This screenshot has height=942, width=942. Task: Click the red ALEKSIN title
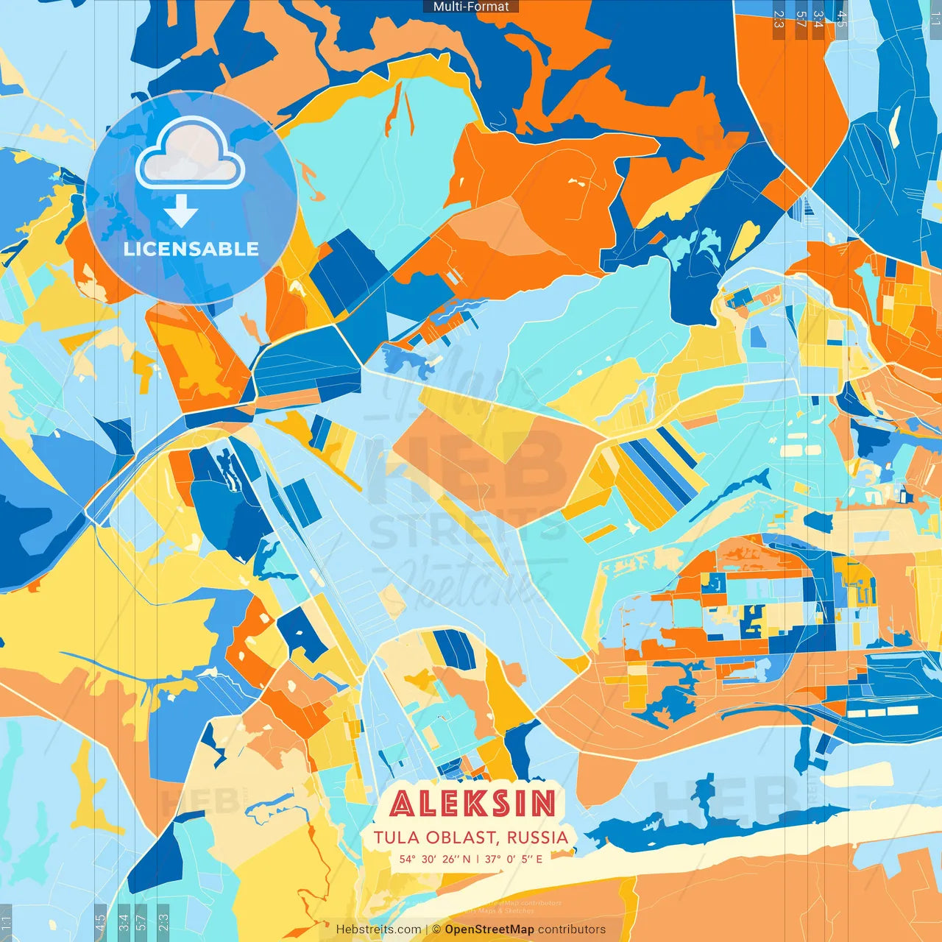coord(472,803)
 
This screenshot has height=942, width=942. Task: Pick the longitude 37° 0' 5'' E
coord(514,858)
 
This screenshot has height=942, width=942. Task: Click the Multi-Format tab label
coord(471,7)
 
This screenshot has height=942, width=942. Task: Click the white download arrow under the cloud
coord(181,213)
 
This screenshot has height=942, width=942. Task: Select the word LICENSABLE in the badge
coord(191,249)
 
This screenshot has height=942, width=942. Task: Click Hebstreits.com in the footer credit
coord(378,929)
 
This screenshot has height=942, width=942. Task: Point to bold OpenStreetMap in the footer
coord(489,929)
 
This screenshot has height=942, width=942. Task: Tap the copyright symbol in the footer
coord(436,929)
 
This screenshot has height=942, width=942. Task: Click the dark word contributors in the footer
coord(572,929)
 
